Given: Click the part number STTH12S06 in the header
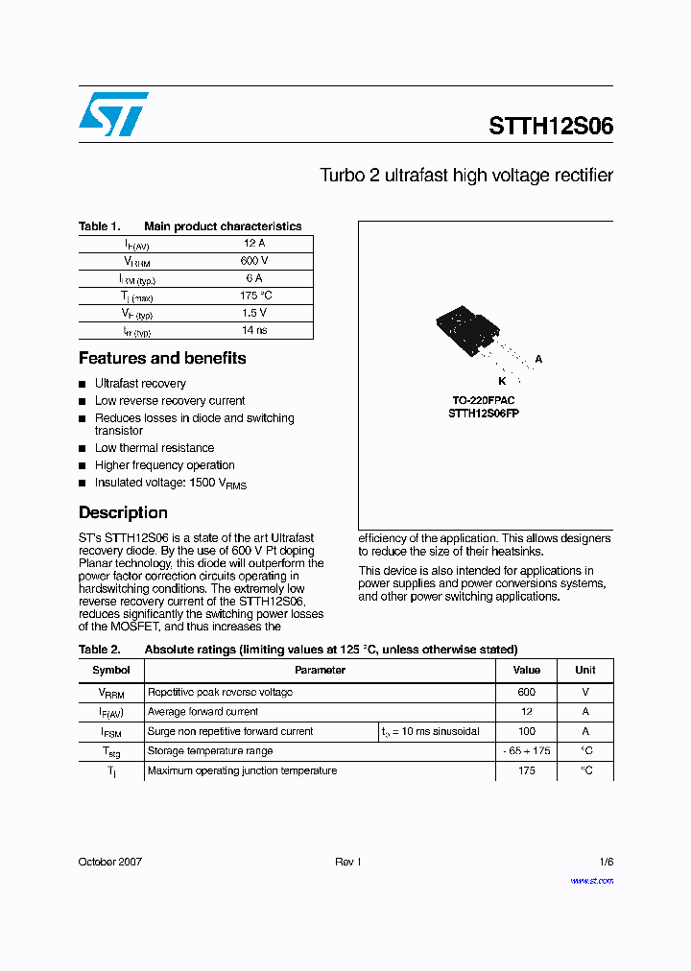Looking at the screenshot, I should [550, 127].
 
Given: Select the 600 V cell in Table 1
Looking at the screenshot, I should [253, 261].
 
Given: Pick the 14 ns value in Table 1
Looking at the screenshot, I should [253, 330].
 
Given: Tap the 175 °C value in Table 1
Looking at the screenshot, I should [253, 296].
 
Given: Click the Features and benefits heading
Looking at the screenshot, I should [162, 358].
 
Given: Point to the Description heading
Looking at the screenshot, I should [123, 512].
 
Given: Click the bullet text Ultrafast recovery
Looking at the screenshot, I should [140, 384].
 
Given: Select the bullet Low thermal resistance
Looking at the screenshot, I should [154, 448].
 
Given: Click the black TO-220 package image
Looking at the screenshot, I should [466, 329].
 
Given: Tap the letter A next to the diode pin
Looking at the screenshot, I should [538, 360].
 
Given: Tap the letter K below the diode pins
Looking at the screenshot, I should [501, 381].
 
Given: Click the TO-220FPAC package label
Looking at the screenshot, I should [484, 400].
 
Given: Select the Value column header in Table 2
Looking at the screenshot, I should [526, 670].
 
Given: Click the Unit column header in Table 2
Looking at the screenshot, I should [584, 670].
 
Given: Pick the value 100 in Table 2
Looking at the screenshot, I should [526, 731].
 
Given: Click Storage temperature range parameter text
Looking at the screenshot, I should [210, 751].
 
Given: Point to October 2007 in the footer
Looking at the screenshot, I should [109, 862].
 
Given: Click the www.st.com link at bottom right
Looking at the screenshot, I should [591, 880].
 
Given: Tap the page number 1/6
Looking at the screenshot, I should [606, 862].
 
